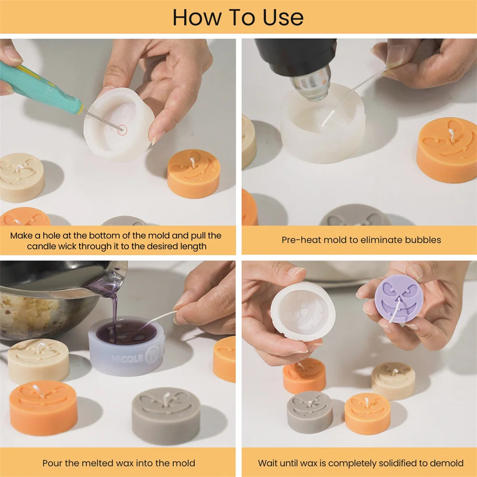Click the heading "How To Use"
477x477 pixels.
pos(238,17)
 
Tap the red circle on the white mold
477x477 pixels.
pos(122,130)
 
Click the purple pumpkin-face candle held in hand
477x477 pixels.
pos(398,298)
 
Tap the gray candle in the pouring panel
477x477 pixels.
pos(166,415)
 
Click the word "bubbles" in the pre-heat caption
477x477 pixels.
pos(423,240)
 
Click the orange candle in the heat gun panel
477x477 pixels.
pos(446,150)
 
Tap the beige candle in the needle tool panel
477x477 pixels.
pos(22,177)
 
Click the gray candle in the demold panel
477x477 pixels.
pos(310,412)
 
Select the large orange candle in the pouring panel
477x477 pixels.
pos(43,408)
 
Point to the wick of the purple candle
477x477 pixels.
pos(395,311)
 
